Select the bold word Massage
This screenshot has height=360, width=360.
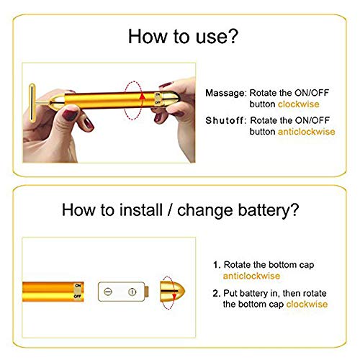pos(225,94)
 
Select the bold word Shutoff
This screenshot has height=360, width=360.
pos(225,120)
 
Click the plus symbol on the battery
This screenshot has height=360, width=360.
pos(132,292)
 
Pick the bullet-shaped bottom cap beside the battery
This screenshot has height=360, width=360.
pos(174,292)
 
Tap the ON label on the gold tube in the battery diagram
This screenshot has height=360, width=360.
pos(78,286)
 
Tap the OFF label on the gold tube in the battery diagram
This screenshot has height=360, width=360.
pos(78,296)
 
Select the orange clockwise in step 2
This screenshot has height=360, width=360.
pos(307,304)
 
